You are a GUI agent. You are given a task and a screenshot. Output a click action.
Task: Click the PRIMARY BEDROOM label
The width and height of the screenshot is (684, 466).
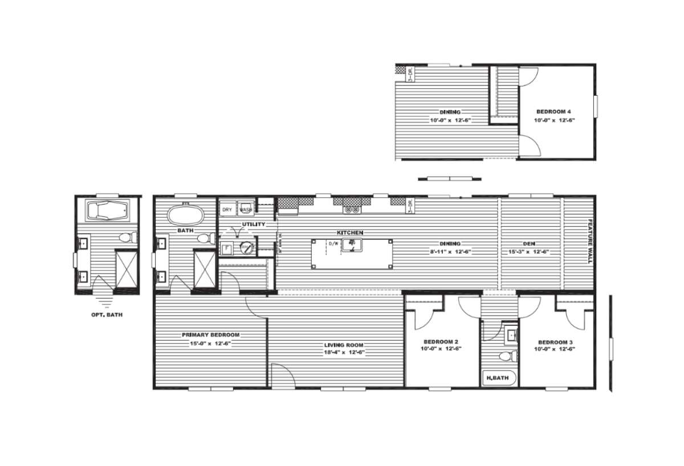coord(210,335)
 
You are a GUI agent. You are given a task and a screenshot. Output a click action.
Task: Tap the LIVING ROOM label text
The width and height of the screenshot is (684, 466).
coord(344,345)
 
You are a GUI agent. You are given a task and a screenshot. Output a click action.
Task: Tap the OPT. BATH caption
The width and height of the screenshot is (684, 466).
coord(107,314)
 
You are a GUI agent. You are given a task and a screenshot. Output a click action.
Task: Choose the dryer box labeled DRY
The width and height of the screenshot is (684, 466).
coord(227,210)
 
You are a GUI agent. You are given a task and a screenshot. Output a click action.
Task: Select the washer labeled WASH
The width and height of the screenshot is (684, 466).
coord(246,210)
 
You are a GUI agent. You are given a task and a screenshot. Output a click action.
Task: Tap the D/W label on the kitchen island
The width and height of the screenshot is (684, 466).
coord(333,244)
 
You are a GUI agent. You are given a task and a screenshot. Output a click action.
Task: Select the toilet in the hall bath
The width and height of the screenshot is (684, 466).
coord(506,357)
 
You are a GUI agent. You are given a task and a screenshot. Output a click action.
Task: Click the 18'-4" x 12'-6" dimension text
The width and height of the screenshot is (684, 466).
coord(344,353)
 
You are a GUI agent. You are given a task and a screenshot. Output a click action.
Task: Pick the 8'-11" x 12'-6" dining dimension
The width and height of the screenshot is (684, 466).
coord(450,251)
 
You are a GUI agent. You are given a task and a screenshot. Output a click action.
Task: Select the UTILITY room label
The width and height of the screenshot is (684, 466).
coord(254,224)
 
